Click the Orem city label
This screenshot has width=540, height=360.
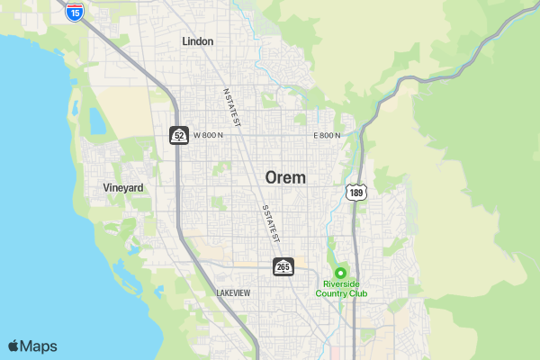284,177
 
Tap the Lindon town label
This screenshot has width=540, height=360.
197,41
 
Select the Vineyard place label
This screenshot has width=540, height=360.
123,187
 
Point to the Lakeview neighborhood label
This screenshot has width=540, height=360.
233,293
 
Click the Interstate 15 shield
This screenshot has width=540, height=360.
76,12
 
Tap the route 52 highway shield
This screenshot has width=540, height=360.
179,136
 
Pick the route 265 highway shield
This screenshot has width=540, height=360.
283,266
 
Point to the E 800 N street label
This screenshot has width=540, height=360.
327,136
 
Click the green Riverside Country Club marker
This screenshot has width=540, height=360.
341,273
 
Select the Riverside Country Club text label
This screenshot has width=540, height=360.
341,289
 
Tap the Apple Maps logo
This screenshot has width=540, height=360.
32,346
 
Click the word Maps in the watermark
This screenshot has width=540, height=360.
40,346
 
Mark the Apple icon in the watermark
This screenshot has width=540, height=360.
13,346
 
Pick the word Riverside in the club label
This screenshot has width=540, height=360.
341,284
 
